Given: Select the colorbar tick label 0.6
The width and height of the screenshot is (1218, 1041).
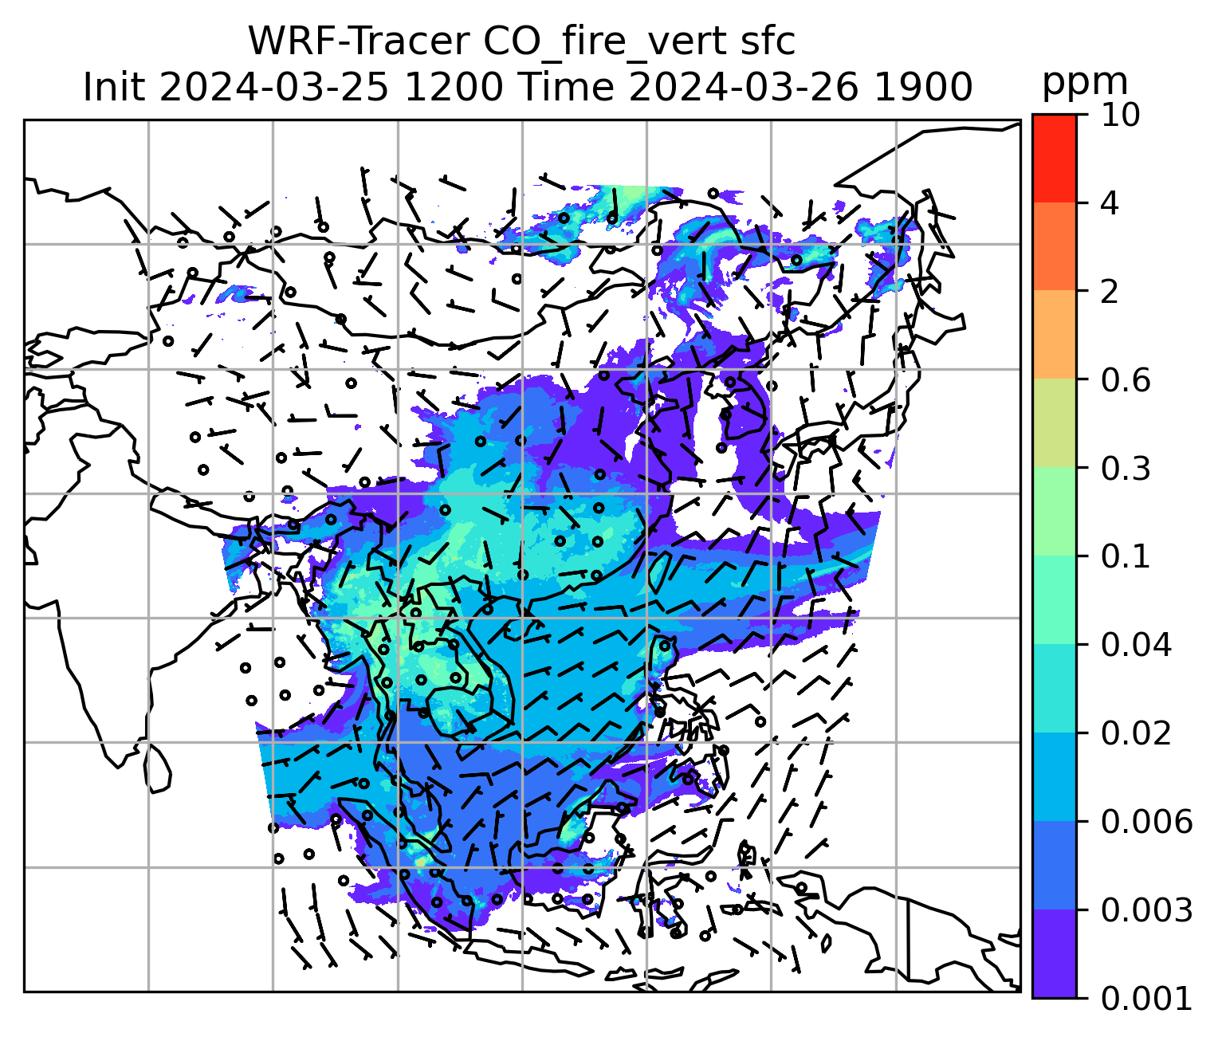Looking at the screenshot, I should coord(1126,380).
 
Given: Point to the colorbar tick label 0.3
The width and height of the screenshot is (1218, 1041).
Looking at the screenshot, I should coord(1126,469).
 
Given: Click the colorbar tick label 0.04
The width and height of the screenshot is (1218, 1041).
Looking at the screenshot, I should coord(1136,645).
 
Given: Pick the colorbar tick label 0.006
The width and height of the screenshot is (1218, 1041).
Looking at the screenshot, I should coord(1146,822).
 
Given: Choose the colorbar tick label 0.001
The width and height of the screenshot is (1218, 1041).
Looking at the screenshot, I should coord(1146,998).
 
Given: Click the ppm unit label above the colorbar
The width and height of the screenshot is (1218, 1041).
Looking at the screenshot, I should coord(1085,81).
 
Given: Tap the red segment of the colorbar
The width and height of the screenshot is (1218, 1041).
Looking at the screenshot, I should coord(1054,158).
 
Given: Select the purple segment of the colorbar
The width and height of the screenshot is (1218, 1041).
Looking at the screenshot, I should coord(1054,953).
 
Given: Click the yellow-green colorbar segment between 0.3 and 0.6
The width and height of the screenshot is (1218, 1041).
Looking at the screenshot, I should coord(1054,423).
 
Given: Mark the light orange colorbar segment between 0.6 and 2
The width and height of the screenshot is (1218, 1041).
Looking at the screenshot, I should coord(1054,335).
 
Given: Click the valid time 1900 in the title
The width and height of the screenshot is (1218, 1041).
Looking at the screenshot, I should coord(924,87).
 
